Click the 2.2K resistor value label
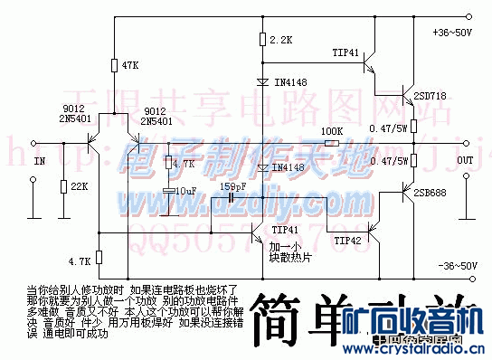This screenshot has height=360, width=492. coord(281,41)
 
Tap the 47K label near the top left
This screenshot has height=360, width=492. coord(130,65)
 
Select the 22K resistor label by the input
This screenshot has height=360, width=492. coord(79,186)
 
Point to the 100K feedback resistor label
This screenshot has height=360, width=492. coord(332,131)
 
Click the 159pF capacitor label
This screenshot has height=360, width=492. coord(234,187)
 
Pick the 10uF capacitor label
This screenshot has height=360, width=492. coord(186,191)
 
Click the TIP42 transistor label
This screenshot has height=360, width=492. coord(372,241)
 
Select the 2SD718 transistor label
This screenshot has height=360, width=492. coord(430,95)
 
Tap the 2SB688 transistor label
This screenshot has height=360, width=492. coord(430,193)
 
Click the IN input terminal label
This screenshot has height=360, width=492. coord(39,161)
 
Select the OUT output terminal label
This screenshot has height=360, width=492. coord(465,160)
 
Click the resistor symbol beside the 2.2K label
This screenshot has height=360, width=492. coord(261,40)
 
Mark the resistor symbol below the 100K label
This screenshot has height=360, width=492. coord(333,143)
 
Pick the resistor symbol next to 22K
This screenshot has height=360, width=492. coord(63,186)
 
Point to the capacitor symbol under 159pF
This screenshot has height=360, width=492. coord(232,198)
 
